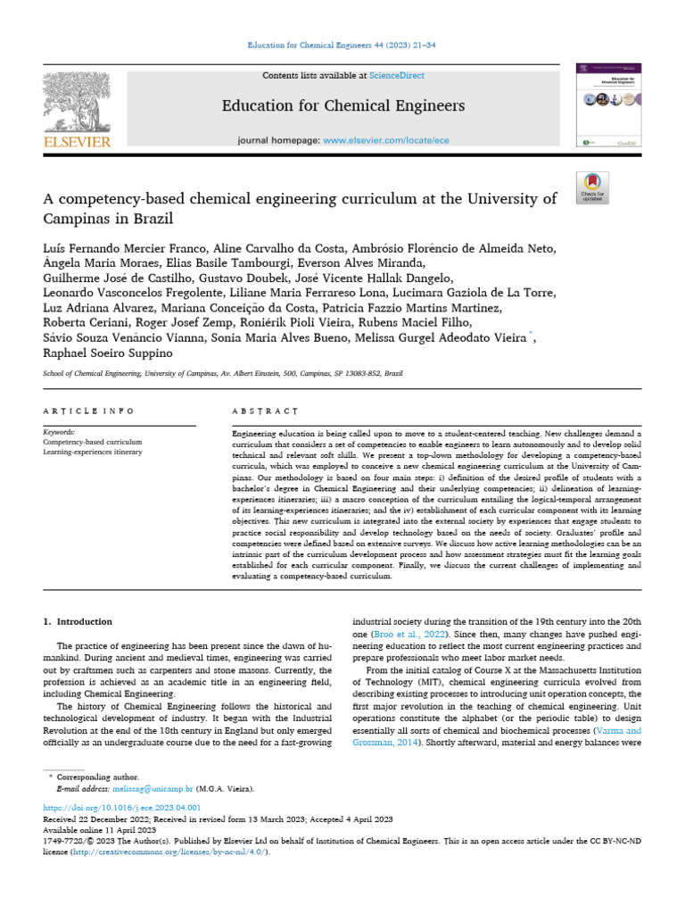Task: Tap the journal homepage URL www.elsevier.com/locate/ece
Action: (375, 141)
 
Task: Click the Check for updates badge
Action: (593, 186)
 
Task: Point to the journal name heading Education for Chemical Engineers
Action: (343, 106)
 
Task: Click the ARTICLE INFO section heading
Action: (88, 411)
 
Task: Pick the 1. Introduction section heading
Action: (78, 621)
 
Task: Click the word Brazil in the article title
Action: (151, 218)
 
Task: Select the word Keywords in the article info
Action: (59, 431)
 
